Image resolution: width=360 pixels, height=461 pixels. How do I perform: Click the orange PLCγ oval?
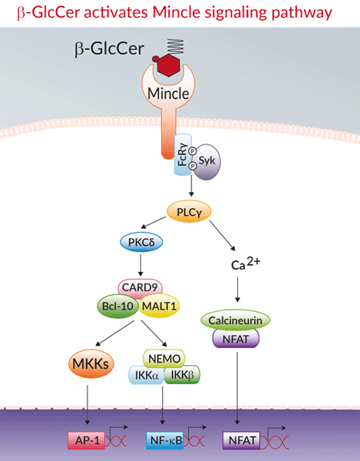tap(189, 211)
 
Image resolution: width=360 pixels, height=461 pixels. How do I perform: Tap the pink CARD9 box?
tap(140, 287)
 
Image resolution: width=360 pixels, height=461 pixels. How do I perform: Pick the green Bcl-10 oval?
tap(117, 306)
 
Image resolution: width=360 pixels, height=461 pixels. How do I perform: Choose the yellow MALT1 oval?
tap(159, 306)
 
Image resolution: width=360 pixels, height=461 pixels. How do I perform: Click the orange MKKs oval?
tap(91, 363)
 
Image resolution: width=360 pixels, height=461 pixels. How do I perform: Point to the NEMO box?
tap(163, 359)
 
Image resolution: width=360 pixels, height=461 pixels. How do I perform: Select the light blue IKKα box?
tap(147, 375)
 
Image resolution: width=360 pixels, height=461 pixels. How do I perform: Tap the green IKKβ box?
tap(183, 375)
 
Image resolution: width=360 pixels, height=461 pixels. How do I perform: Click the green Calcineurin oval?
tap(235, 320)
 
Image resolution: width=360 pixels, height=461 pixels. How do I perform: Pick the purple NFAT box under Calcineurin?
tap(236, 339)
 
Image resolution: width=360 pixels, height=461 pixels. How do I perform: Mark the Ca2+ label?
tap(246, 264)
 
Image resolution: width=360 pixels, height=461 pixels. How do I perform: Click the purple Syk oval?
tap(206, 161)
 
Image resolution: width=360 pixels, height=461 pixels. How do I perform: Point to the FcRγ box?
tap(183, 154)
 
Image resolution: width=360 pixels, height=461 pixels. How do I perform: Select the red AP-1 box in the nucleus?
tap(87, 440)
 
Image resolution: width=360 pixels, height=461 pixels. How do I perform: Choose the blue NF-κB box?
tap(165, 440)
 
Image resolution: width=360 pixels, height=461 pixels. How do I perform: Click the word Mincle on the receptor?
tap(168, 94)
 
